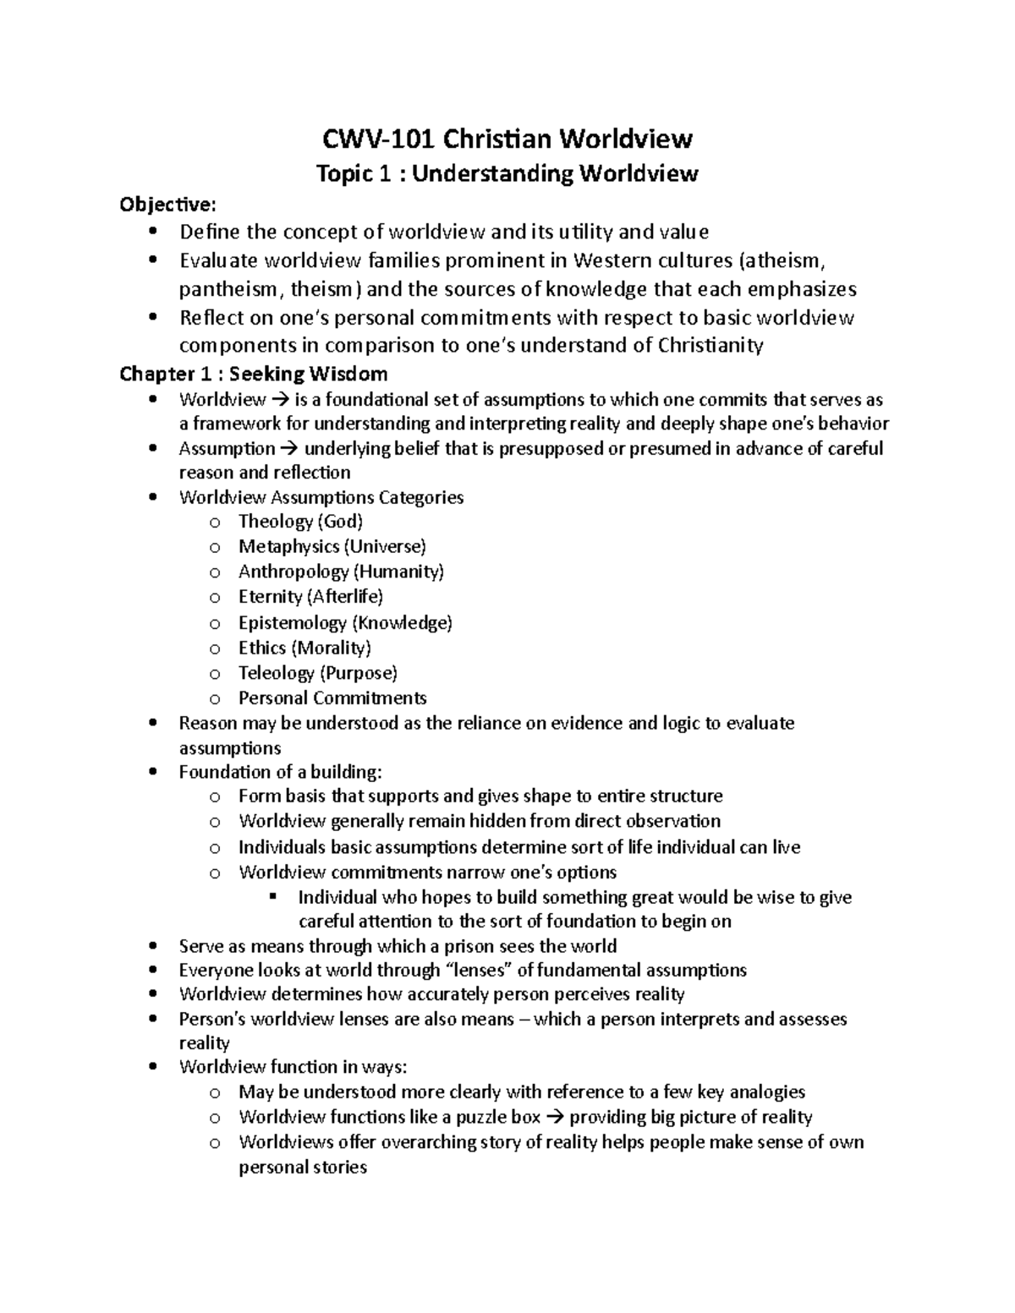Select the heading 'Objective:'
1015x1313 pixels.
[167, 204]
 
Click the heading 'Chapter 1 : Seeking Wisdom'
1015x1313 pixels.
[254, 374]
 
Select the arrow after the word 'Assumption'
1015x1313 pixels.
[289, 449]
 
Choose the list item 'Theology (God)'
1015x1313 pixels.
[300, 522]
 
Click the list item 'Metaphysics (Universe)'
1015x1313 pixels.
[332, 547]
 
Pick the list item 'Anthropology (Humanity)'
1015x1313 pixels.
[341, 572]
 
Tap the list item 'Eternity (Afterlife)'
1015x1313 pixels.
[310, 597]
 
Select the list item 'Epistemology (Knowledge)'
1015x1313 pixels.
[345, 623]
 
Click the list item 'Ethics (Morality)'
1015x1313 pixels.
[304, 648]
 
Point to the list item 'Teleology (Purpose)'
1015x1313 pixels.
[317, 673]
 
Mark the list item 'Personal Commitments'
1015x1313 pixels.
[332, 698]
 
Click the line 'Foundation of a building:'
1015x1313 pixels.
[280, 772]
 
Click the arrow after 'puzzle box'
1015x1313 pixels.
[554, 1118]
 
